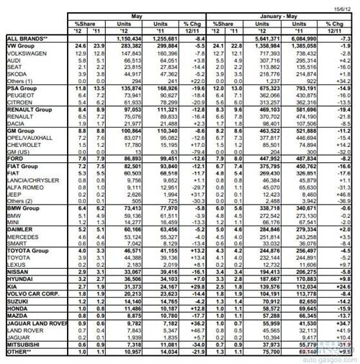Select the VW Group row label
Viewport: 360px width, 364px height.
pyautogui.click(x=21, y=45)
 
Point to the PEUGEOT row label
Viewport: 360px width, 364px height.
pyautogui.click(x=22, y=94)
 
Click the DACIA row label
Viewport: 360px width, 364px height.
pyautogui.click(x=18, y=123)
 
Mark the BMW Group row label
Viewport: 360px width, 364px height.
pyautogui.click(x=22, y=207)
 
